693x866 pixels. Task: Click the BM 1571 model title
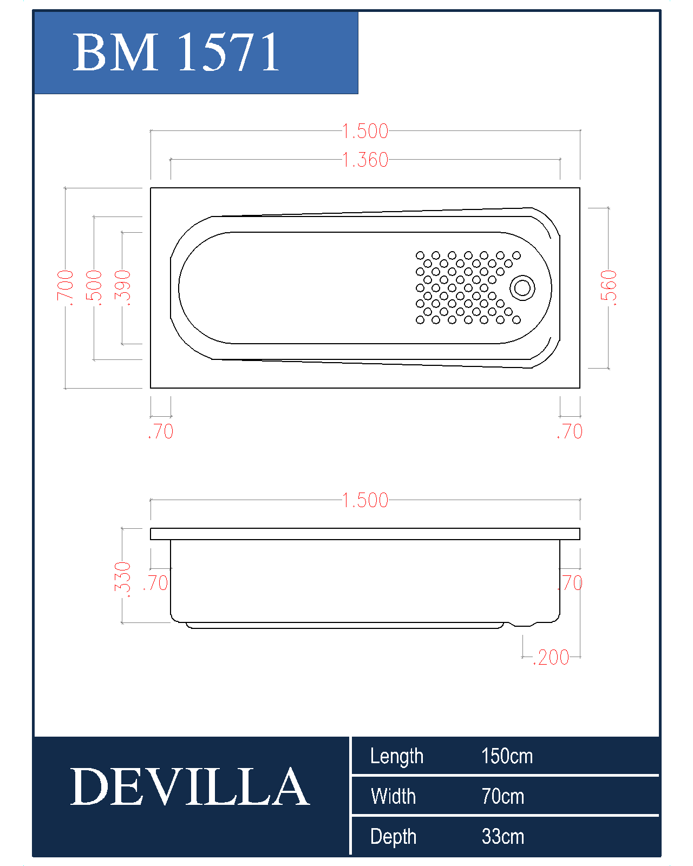click(175, 52)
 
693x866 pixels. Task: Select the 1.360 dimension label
click(365, 160)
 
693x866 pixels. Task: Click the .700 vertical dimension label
click(65, 288)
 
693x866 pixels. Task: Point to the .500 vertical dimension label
click(94, 288)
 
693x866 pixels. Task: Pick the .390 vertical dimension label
click(122, 288)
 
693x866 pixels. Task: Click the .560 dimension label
click(608, 288)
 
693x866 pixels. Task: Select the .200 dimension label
click(551, 658)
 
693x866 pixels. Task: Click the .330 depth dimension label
click(122, 580)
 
